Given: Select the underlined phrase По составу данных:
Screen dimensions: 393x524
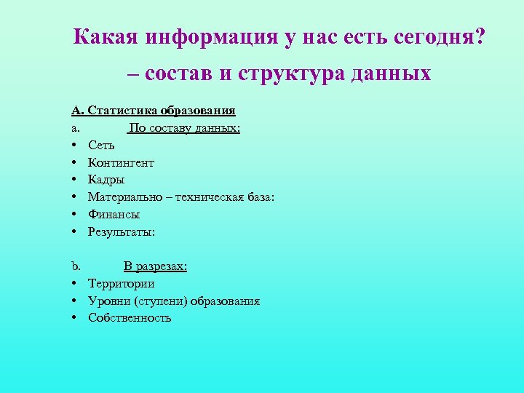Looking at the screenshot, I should click(184, 128).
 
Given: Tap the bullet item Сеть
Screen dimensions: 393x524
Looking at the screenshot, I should click(101, 146).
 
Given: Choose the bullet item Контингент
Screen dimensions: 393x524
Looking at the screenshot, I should click(121, 162).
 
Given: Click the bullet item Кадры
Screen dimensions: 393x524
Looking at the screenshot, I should click(106, 180).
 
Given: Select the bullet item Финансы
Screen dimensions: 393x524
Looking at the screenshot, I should click(114, 215).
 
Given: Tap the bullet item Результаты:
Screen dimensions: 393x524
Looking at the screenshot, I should click(122, 232).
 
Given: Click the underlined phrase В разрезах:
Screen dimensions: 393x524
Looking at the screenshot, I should click(155, 266).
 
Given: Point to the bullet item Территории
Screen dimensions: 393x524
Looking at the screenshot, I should click(121, 284).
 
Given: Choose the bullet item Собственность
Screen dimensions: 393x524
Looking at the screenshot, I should click(130, 318).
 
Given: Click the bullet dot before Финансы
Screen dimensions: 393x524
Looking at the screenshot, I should click(75, 215).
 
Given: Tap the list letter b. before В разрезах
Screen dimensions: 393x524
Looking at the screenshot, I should click(76, 266).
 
